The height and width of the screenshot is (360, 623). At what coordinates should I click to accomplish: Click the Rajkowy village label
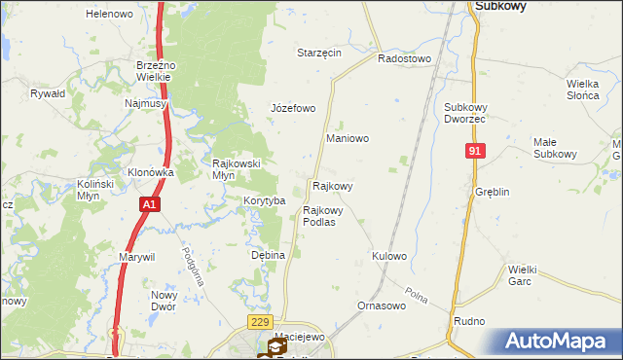pos(332,185)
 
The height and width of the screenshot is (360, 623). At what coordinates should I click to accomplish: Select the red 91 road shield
pos(474,151)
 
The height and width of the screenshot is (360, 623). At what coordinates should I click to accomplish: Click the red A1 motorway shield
pos(148,204)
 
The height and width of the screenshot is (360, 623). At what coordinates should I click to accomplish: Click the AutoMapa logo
pos(559,342)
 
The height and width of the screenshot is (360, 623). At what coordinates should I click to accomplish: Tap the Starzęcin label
pos(319,53)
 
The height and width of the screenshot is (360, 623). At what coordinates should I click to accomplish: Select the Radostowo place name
pos(404,58)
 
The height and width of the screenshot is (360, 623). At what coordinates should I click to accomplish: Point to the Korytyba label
pos(263,200)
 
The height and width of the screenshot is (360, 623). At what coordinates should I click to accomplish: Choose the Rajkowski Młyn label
pos(236,169)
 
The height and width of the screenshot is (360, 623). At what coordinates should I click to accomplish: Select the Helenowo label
pos(109,14)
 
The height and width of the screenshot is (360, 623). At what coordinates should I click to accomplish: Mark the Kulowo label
pos(389,256)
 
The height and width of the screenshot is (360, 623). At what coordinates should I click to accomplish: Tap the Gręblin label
pos(493,192)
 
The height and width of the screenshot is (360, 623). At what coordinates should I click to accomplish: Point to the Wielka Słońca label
pos(589,90)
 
